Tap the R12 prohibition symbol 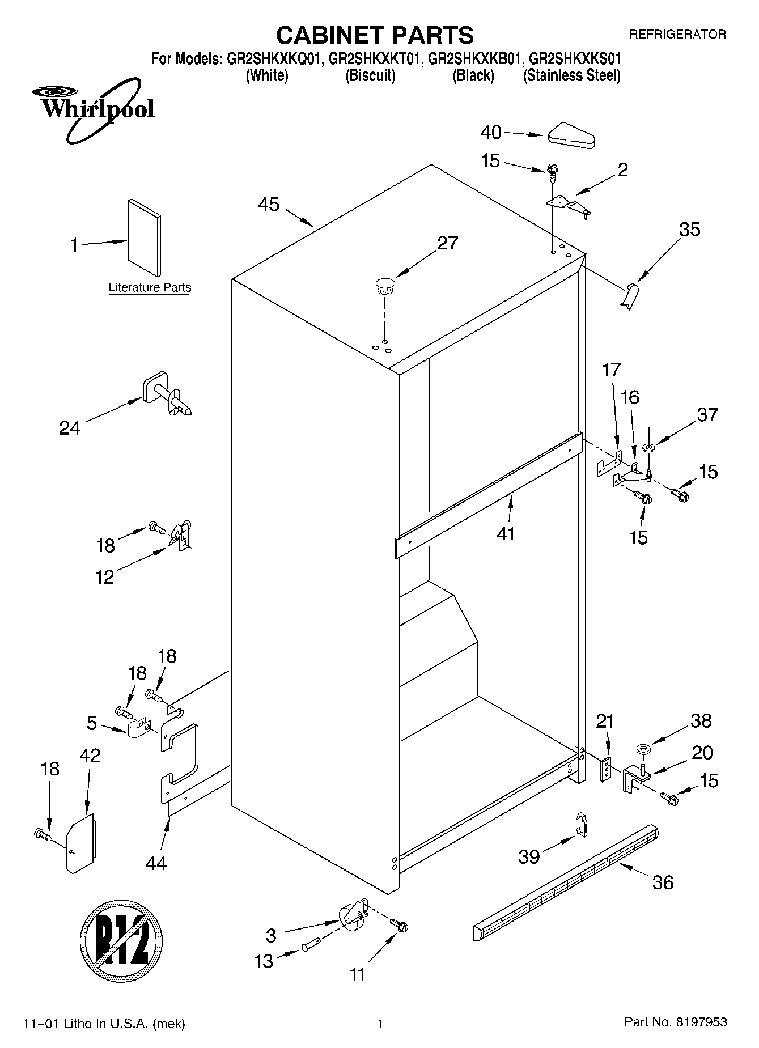tap(121, 934)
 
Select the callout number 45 tap(269, 204)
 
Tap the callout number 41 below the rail tap(506, 533)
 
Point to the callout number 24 tap(70, 428)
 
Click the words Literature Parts tap(150, 288)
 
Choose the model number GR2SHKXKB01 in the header tap(474, 58)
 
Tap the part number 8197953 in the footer tap(701, 1022)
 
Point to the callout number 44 tap(156, 863)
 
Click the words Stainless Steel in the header tap(571, 75)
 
